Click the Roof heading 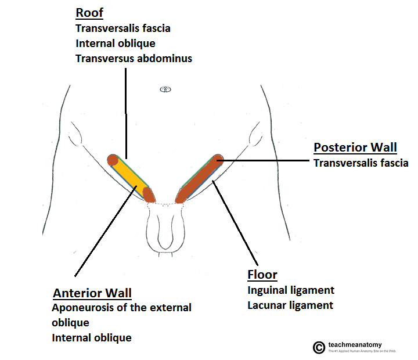[x=89, y=13]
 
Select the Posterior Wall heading [x=355, y=147]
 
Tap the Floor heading [x=262, y=275]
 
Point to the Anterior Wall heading [x=92, y=293]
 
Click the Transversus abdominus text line [x=134, y=58]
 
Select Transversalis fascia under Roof [x=122, y=28]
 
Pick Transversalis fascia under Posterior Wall [x=361, y=163]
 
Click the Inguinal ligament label [x=291, y=290]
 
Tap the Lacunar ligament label [x=290, y=305]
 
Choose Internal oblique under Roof [x=115, y=43]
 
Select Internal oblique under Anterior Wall [x=91, y=337]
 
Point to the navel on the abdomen [x=166, y=89]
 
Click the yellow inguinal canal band [x=131, y=177]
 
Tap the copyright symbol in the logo [x=318, y=347]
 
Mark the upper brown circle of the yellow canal [x=113, y=159]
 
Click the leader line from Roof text [x=125, y=110]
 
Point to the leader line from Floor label [x=235, y=221]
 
